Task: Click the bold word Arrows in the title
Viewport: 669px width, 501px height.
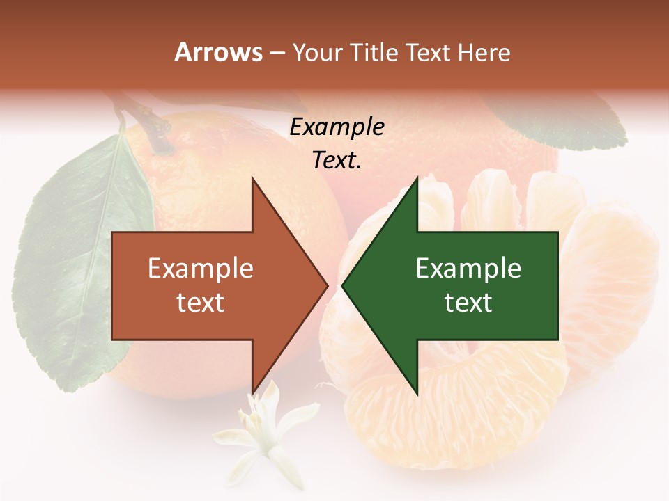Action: click(x=218, y=52)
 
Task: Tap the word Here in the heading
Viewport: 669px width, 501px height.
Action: click(x=484, y=52)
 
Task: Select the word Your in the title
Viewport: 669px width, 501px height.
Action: click(x=317, y=52)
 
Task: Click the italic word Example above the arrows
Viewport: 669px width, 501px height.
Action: click(x=337, y=127)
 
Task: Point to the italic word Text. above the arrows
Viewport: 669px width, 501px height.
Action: click(x=337, y=160)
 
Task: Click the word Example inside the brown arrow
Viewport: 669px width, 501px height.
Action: click(x=200, y=269)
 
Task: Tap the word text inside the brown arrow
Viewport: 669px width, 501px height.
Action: click(x=200, y=303)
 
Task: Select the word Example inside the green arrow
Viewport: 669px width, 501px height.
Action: click(x=468, y=269)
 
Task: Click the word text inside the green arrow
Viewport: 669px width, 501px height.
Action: click(x=468, y=303)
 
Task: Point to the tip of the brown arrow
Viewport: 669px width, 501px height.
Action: click(x=327, y=285)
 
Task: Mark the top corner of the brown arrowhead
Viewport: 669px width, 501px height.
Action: click(x=252, y=178)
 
